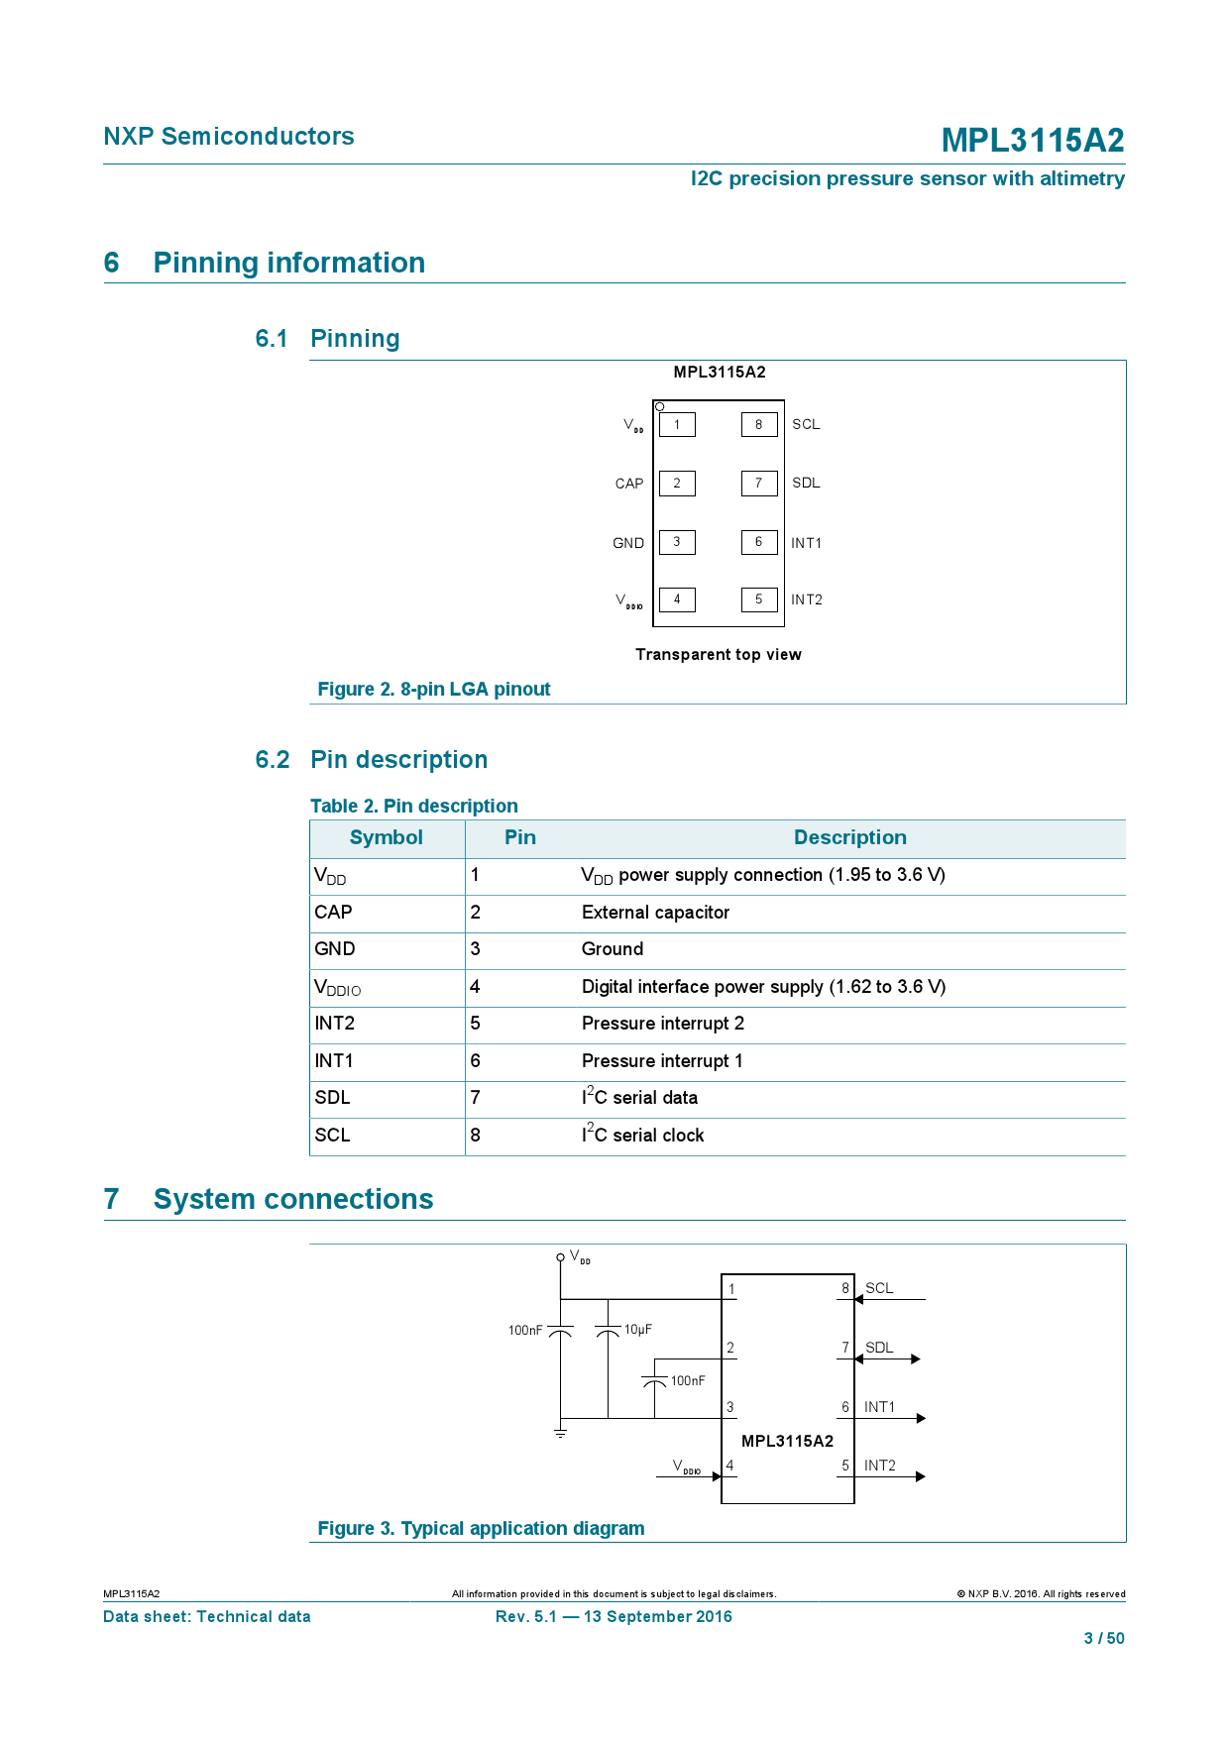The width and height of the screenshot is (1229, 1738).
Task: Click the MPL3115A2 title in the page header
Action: click(x=1032, y=141)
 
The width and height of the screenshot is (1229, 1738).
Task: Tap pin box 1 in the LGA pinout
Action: click(x=677, y=425)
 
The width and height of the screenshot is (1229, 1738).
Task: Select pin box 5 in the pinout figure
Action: click(x=759, y=599)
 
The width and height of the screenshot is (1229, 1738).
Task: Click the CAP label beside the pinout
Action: click(x=628, y=484)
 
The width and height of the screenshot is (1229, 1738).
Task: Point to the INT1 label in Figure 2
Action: click(x=806, y=543)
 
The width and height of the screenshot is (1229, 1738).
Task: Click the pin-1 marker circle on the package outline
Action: click(x=660, y=406)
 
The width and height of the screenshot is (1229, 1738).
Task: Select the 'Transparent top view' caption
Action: click(x=718, y=654)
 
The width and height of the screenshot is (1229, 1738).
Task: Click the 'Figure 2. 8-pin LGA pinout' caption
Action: click(x=433, y=689)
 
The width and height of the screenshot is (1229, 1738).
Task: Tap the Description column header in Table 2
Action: click(x=849, y=837)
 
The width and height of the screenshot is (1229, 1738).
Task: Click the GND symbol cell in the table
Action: click(x=335, y=949)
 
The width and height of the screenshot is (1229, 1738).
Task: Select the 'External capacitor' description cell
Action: click(x=655, y=913)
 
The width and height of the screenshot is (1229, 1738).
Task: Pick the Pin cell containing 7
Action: click(x=476, y=1098)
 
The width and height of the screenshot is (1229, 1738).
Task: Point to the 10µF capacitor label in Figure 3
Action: click(x=637, y=1330)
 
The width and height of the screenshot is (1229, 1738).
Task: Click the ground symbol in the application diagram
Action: click(x=560, y=1433)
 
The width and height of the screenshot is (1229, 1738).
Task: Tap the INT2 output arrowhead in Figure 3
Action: click(x=921, y=1476)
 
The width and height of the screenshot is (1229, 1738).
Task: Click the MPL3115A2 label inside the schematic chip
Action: click(x=787, y=1441)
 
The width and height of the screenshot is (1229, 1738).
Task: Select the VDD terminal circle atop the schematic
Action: click(x=560, y=1257)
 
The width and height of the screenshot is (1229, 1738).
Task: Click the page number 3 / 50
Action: click(x=1103, y=1638)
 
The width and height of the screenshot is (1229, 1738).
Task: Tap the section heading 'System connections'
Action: click(x=292, y=1199)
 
